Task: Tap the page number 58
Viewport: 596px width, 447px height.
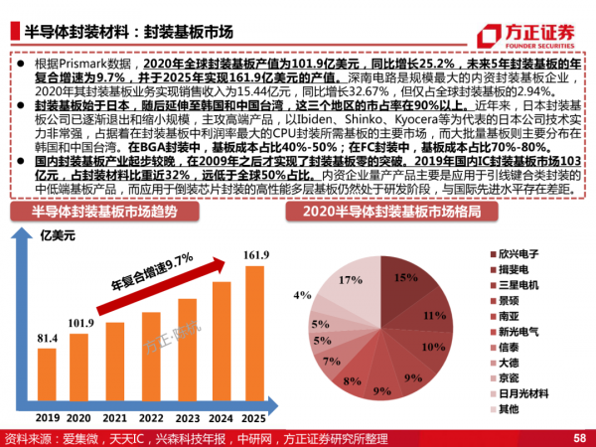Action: [579, 438]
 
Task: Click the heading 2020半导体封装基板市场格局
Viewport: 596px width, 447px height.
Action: [387, 212]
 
